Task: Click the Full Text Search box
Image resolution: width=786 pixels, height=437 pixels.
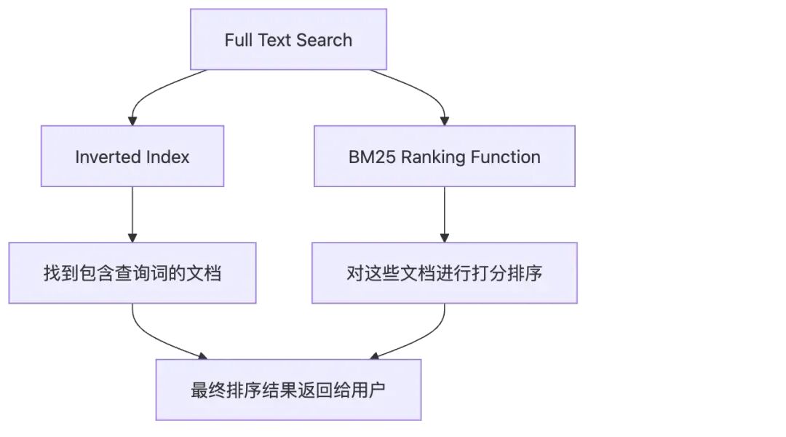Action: coord(288,39)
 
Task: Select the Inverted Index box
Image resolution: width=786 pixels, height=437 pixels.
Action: coord(132,156)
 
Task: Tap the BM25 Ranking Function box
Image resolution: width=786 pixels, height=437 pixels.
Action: coord(444,156)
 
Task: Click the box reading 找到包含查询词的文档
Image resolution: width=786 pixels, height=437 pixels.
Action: coord(132,273)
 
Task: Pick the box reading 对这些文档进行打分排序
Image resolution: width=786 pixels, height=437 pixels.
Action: coord(444,273)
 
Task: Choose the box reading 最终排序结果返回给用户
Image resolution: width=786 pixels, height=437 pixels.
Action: coord(288,390)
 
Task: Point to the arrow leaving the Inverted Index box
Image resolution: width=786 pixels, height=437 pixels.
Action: coord(132,214)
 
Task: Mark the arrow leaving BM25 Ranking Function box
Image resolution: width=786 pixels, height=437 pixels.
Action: coord(444,214)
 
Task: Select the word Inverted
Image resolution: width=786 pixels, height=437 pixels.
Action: coord(102,157)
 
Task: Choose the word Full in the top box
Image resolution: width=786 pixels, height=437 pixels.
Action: coord(237,39)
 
